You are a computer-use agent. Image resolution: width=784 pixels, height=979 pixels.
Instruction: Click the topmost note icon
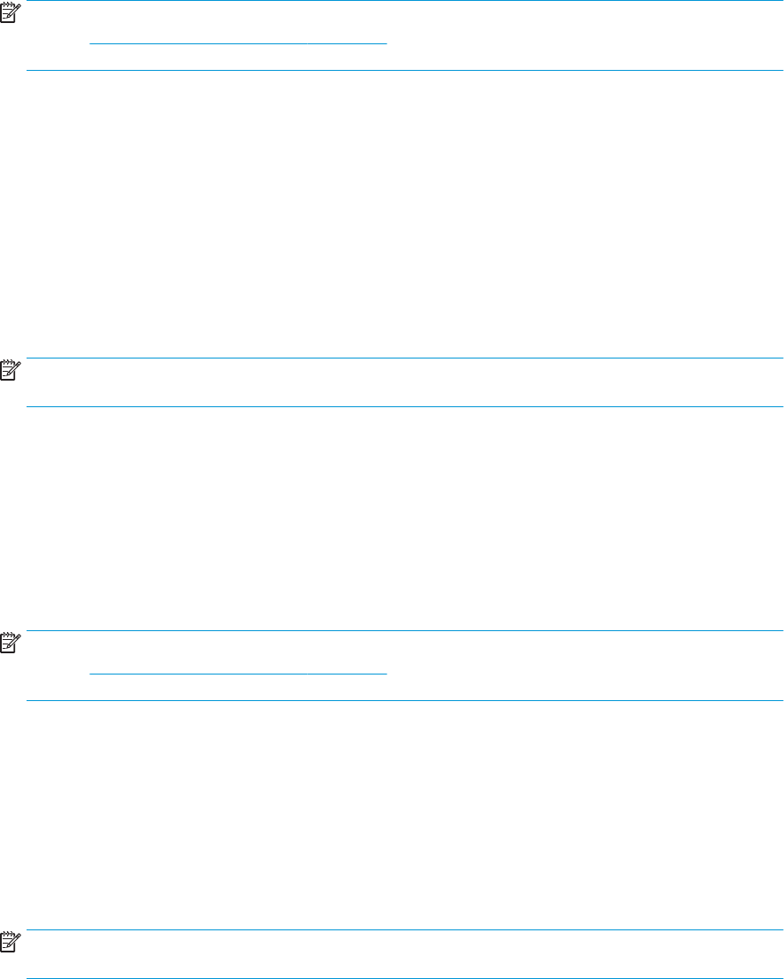click(9, 9)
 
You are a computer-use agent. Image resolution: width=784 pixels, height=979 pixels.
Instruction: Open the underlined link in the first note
click(239, 42)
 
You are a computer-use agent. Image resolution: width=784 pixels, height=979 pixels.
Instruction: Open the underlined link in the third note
click(239, 672)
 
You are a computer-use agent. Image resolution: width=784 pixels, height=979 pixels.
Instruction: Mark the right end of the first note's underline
click(387, 43)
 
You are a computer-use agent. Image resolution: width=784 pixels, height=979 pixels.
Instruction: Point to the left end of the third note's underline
click(91, 674)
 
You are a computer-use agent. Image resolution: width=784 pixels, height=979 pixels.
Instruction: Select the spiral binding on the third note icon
click(9, 633)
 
